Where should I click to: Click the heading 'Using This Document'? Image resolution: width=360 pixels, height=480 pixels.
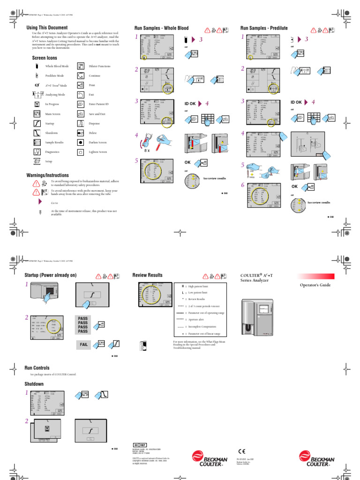click(x=47, y=28)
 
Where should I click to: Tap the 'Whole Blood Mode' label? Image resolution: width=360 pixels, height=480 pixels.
click(x=57, y=67)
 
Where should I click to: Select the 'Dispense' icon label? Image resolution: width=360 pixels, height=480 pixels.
click(x=95, y=123)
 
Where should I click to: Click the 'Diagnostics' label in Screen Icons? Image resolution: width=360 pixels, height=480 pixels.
click(x=53, y=152)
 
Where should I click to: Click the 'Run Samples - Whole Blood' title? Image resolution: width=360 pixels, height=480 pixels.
click(x=162, y=28)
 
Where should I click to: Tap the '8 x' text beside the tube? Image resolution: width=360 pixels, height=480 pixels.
click(x=147, y=150)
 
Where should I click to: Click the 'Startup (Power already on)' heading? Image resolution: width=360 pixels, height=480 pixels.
click(x=50, y=275)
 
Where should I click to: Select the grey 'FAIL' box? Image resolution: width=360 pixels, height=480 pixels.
click(x=84, y=345)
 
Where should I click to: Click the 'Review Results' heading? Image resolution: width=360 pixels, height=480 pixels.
click(x=148, y=275)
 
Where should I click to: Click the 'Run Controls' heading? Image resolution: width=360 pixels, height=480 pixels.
click(x=37, y=368)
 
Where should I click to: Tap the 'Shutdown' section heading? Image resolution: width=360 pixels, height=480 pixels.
click(x=34, y=384)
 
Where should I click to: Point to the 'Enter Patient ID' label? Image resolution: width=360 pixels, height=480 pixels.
click(x=99, y=104)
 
